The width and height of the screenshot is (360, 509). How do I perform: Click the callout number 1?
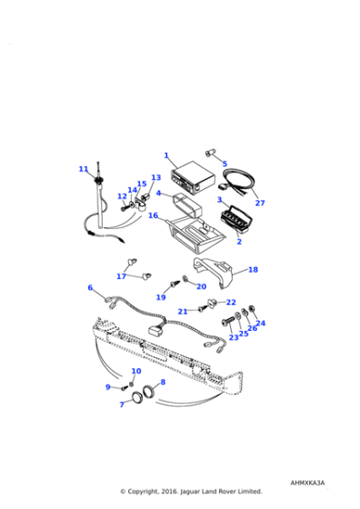coord(166,155)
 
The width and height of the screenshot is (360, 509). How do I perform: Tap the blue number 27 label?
coord(260,203)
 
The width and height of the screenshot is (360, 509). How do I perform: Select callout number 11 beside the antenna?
coord(84,169)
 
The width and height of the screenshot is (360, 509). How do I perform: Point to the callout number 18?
coord(254,269)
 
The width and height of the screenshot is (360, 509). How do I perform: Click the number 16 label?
coord(154,215)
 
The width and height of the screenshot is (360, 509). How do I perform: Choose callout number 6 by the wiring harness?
coord(90,287)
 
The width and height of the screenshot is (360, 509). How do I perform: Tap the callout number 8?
coord(163,382)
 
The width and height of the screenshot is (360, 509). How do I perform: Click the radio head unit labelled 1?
coord(193,181)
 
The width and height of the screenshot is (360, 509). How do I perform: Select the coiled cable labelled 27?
coord(238,182)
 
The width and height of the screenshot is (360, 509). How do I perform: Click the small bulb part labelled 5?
coord(209,154)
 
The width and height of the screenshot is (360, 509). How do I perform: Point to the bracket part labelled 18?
coord(215,272)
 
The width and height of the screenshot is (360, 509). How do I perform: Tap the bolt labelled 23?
coord(227,321)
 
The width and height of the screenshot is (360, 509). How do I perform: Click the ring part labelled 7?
coord(137,396)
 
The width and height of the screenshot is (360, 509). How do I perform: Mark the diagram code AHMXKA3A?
coord(307,483)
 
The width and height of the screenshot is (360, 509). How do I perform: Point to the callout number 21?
coord(183,312)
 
